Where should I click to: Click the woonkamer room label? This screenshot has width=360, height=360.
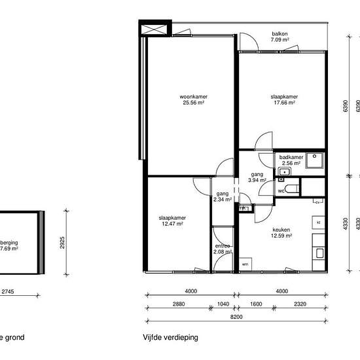190,98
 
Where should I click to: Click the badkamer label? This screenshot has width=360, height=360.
290,158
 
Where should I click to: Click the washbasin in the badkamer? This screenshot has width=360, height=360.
283,172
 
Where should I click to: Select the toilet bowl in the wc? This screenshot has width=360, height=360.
292,189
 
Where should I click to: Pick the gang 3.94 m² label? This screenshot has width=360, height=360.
257,178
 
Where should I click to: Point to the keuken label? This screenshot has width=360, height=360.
282,230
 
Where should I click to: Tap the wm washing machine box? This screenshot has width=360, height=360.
245,264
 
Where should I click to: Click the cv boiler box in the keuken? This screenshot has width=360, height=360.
317,202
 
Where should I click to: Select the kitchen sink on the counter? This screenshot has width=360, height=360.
319,251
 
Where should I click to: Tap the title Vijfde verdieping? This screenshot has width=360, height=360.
171,338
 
